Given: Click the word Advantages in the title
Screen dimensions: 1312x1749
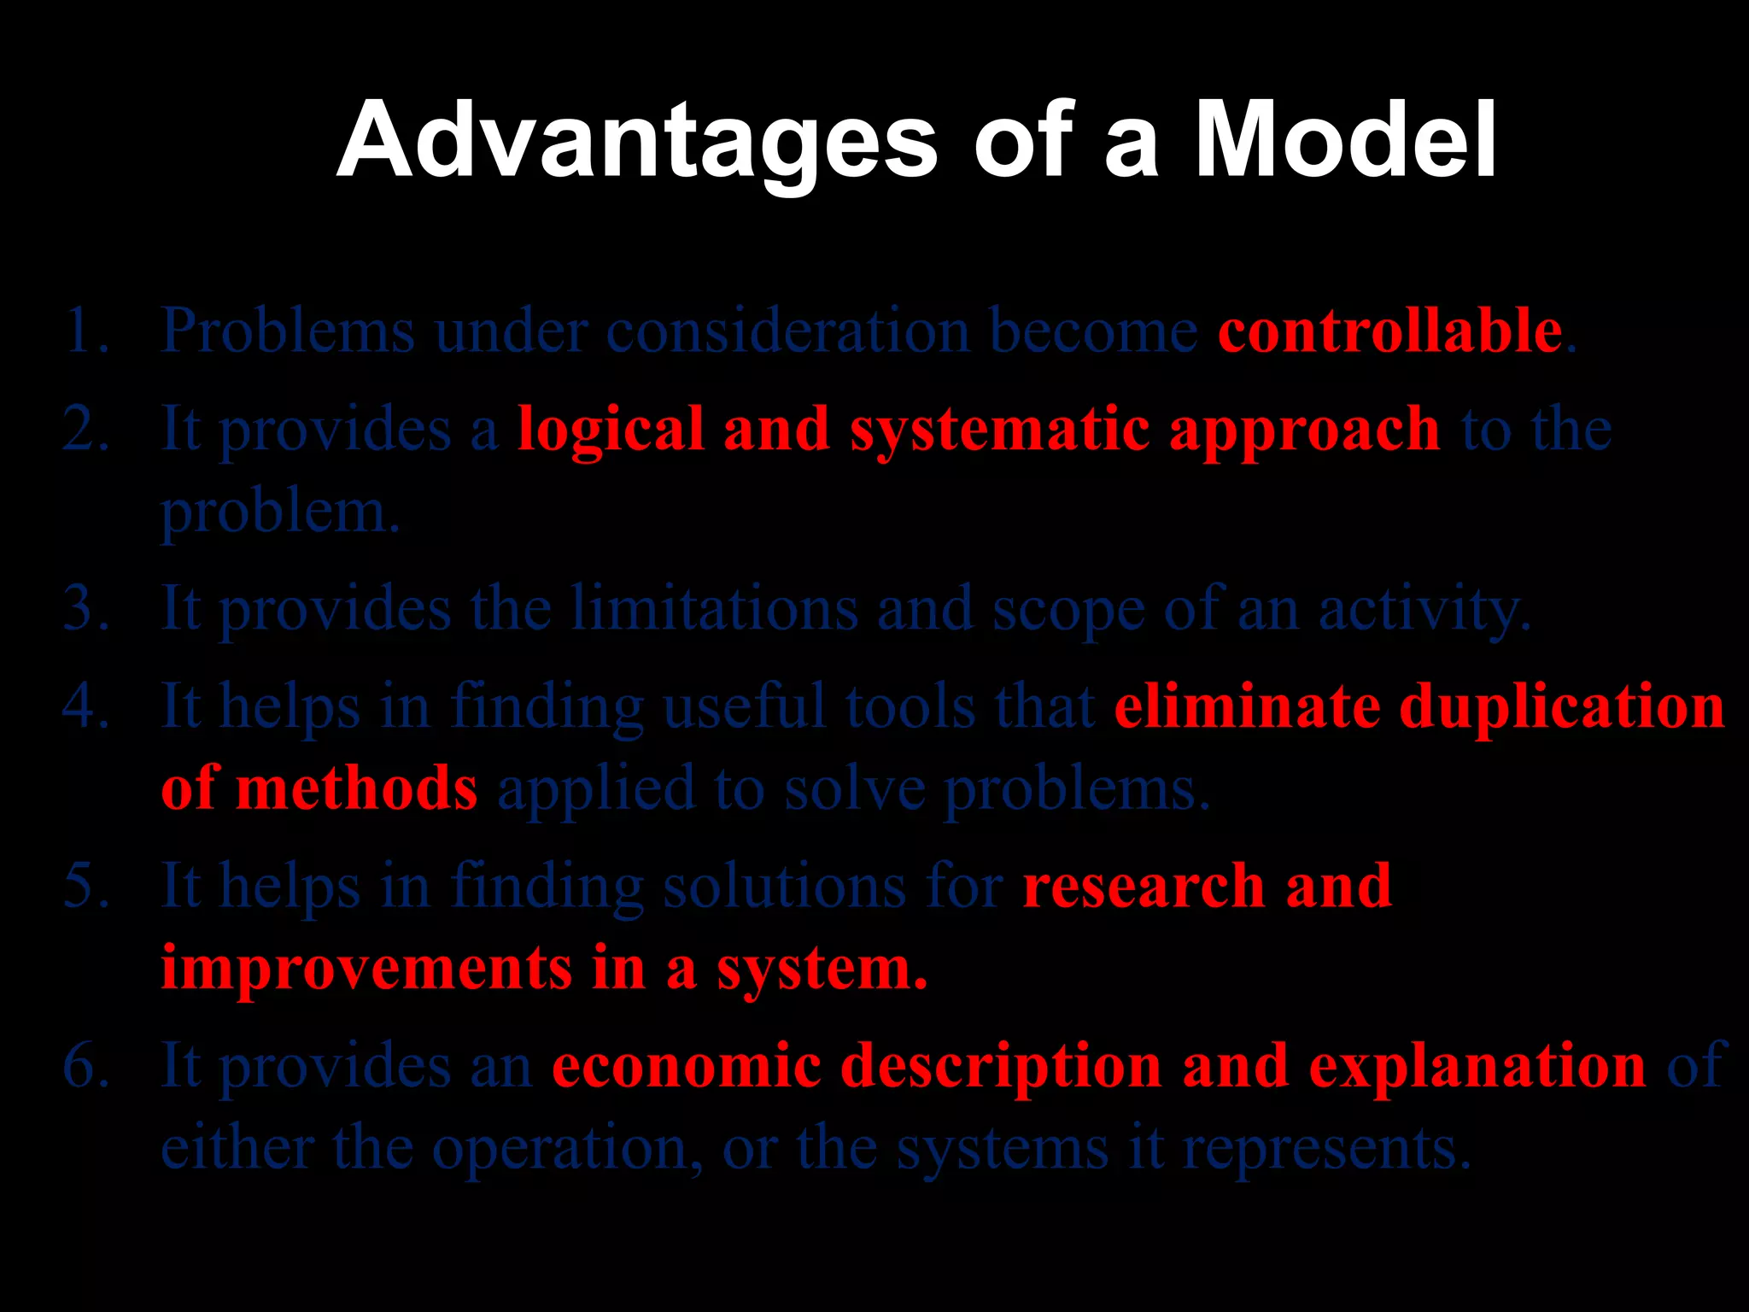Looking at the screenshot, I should [x=637, y=141].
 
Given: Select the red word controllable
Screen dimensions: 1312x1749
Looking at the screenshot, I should [x=1389, y=331].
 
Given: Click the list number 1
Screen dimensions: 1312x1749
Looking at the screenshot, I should [x=86, y=331].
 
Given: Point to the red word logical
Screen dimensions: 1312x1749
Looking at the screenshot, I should [x=611, y=430].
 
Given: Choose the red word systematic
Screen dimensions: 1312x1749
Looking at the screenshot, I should [x=999, y=430].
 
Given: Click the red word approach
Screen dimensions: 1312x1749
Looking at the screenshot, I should [x=1304, y=430].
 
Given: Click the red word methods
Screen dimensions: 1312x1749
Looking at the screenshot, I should [x=356, y=788].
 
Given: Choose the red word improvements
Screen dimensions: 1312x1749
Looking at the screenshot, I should [x=366, y=969].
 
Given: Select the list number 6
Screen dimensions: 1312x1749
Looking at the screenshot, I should [x=86, y=1066].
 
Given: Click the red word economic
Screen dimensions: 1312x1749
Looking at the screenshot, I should [x=687, y=1066].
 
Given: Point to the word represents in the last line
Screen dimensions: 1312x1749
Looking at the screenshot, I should [x=1327, y=1149].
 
